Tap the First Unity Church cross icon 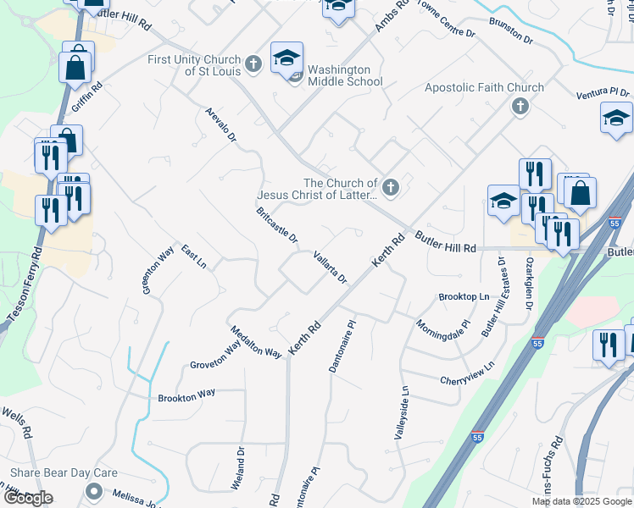click(x=253, y=63)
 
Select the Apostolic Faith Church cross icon click(x=520, y=106)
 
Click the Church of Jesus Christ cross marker click(x=390, y=188)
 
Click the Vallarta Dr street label click(x=331, y=268)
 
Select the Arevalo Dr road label click(x=220, y=124)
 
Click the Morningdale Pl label click(x=442, y=325)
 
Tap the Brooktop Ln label click(x=464, y=297)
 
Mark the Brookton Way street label click(x=187, y=396)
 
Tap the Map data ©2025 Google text click(x=581, y=501)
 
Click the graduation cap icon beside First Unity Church click(x=286, y=58)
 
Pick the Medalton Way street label click(x=255, y=341)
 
